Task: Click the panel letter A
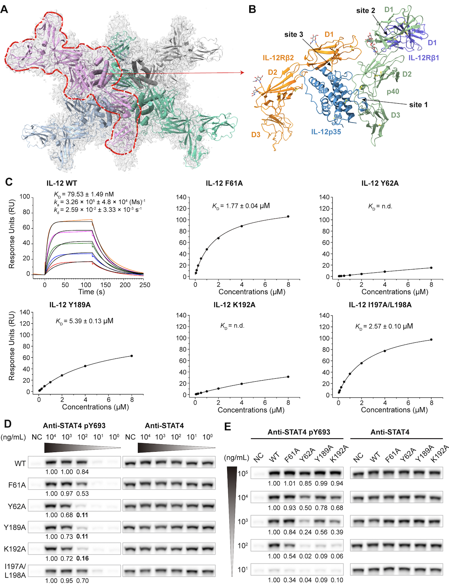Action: (x=4, y=9)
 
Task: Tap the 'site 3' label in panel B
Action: (x=293, y=35)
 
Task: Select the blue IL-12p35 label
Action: (x=326, y=132)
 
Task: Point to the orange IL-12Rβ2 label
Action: (x=278, y=58)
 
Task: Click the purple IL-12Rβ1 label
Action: (x=424, y=58)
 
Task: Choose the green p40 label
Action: (x=393, y=92)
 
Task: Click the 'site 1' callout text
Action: (x=418, y=105)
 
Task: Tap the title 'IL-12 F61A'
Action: (x=224, y=183)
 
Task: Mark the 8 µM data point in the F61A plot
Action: (x=288, y=217)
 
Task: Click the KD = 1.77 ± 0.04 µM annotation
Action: (x=241, y=206)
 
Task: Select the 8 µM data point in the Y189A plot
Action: (x=132, y=356)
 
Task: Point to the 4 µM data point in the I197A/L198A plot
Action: (x=385, y=351)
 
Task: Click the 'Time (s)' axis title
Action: (x=91, y=292)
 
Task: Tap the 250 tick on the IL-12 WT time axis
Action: (x=144, y=285)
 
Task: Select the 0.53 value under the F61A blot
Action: (x=82, y=494)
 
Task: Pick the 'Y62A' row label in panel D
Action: (x=17, y=507)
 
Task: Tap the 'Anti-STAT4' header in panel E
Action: (x=390, y=432)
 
